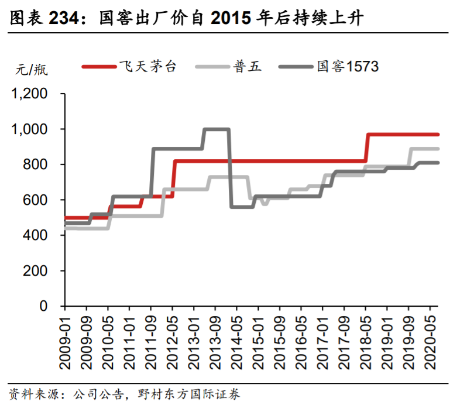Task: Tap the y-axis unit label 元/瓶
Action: click(x=32, y=70)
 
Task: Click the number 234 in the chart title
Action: click(x=63, y=19)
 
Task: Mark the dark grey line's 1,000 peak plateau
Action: click(x=216, y=129)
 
